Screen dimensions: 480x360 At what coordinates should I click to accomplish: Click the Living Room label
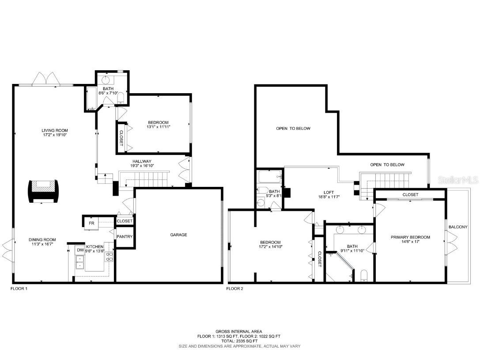click(54, 130)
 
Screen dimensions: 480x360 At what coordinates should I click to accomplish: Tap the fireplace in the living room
click(43, 191)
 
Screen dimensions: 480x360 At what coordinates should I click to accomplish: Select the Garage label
click(178, 235)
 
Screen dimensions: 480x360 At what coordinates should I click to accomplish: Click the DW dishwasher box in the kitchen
click(80, 250)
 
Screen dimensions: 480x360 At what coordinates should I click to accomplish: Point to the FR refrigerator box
click(91, 224)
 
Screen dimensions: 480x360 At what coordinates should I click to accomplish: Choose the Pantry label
click(125, 237)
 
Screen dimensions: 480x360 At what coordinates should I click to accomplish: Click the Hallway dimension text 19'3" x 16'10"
click(142, 166)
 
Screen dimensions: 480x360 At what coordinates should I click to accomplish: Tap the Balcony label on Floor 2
click(457, 227)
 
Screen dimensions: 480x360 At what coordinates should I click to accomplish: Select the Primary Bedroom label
click(410, 237)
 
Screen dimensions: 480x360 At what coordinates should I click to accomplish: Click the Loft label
click(329, 193)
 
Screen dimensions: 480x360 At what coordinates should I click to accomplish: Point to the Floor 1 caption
click(19, 288)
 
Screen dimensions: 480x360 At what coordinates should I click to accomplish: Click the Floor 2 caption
click(235, 288)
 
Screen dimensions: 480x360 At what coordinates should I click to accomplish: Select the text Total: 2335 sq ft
click(239, 341)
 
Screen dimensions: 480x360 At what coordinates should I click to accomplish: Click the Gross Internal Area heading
click(239, 331)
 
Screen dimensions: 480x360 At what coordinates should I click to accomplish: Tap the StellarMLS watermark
click(458, 180)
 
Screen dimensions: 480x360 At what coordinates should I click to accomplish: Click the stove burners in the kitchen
click(109, 257)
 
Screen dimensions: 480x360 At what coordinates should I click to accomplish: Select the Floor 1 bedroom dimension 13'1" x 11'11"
click(158, 127)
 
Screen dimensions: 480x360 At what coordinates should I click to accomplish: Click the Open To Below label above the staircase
click(387, 165)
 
